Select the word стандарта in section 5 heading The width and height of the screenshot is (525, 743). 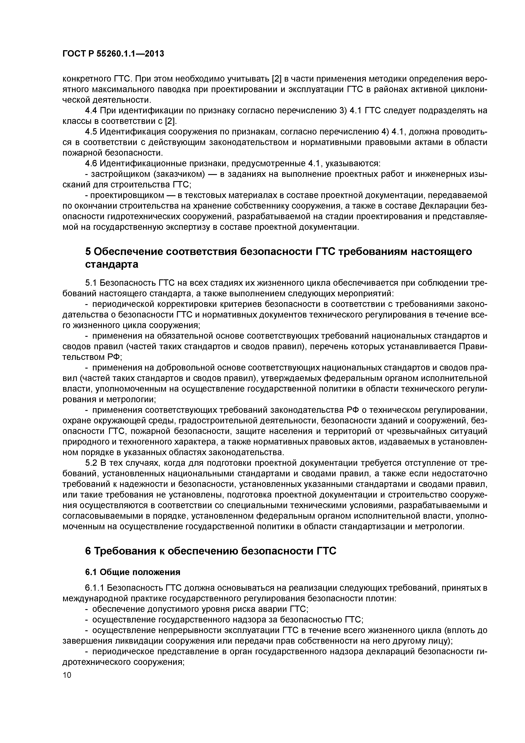[x=112, y=264]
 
